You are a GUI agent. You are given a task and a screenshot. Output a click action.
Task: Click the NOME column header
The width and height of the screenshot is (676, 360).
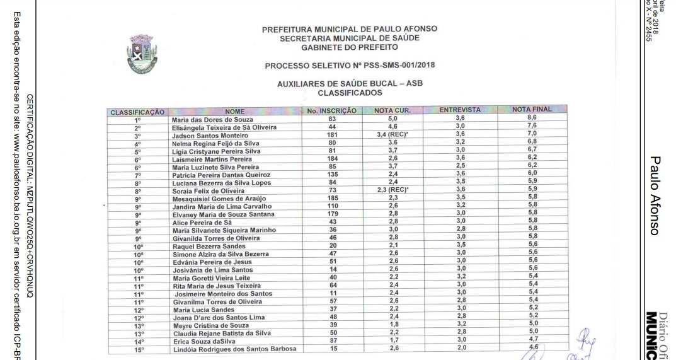point(234,112)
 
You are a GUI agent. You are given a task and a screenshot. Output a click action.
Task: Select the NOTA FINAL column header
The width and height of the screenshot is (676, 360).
point(532,109)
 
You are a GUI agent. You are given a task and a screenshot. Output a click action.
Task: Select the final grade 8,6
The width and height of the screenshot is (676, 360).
point(532,118)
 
